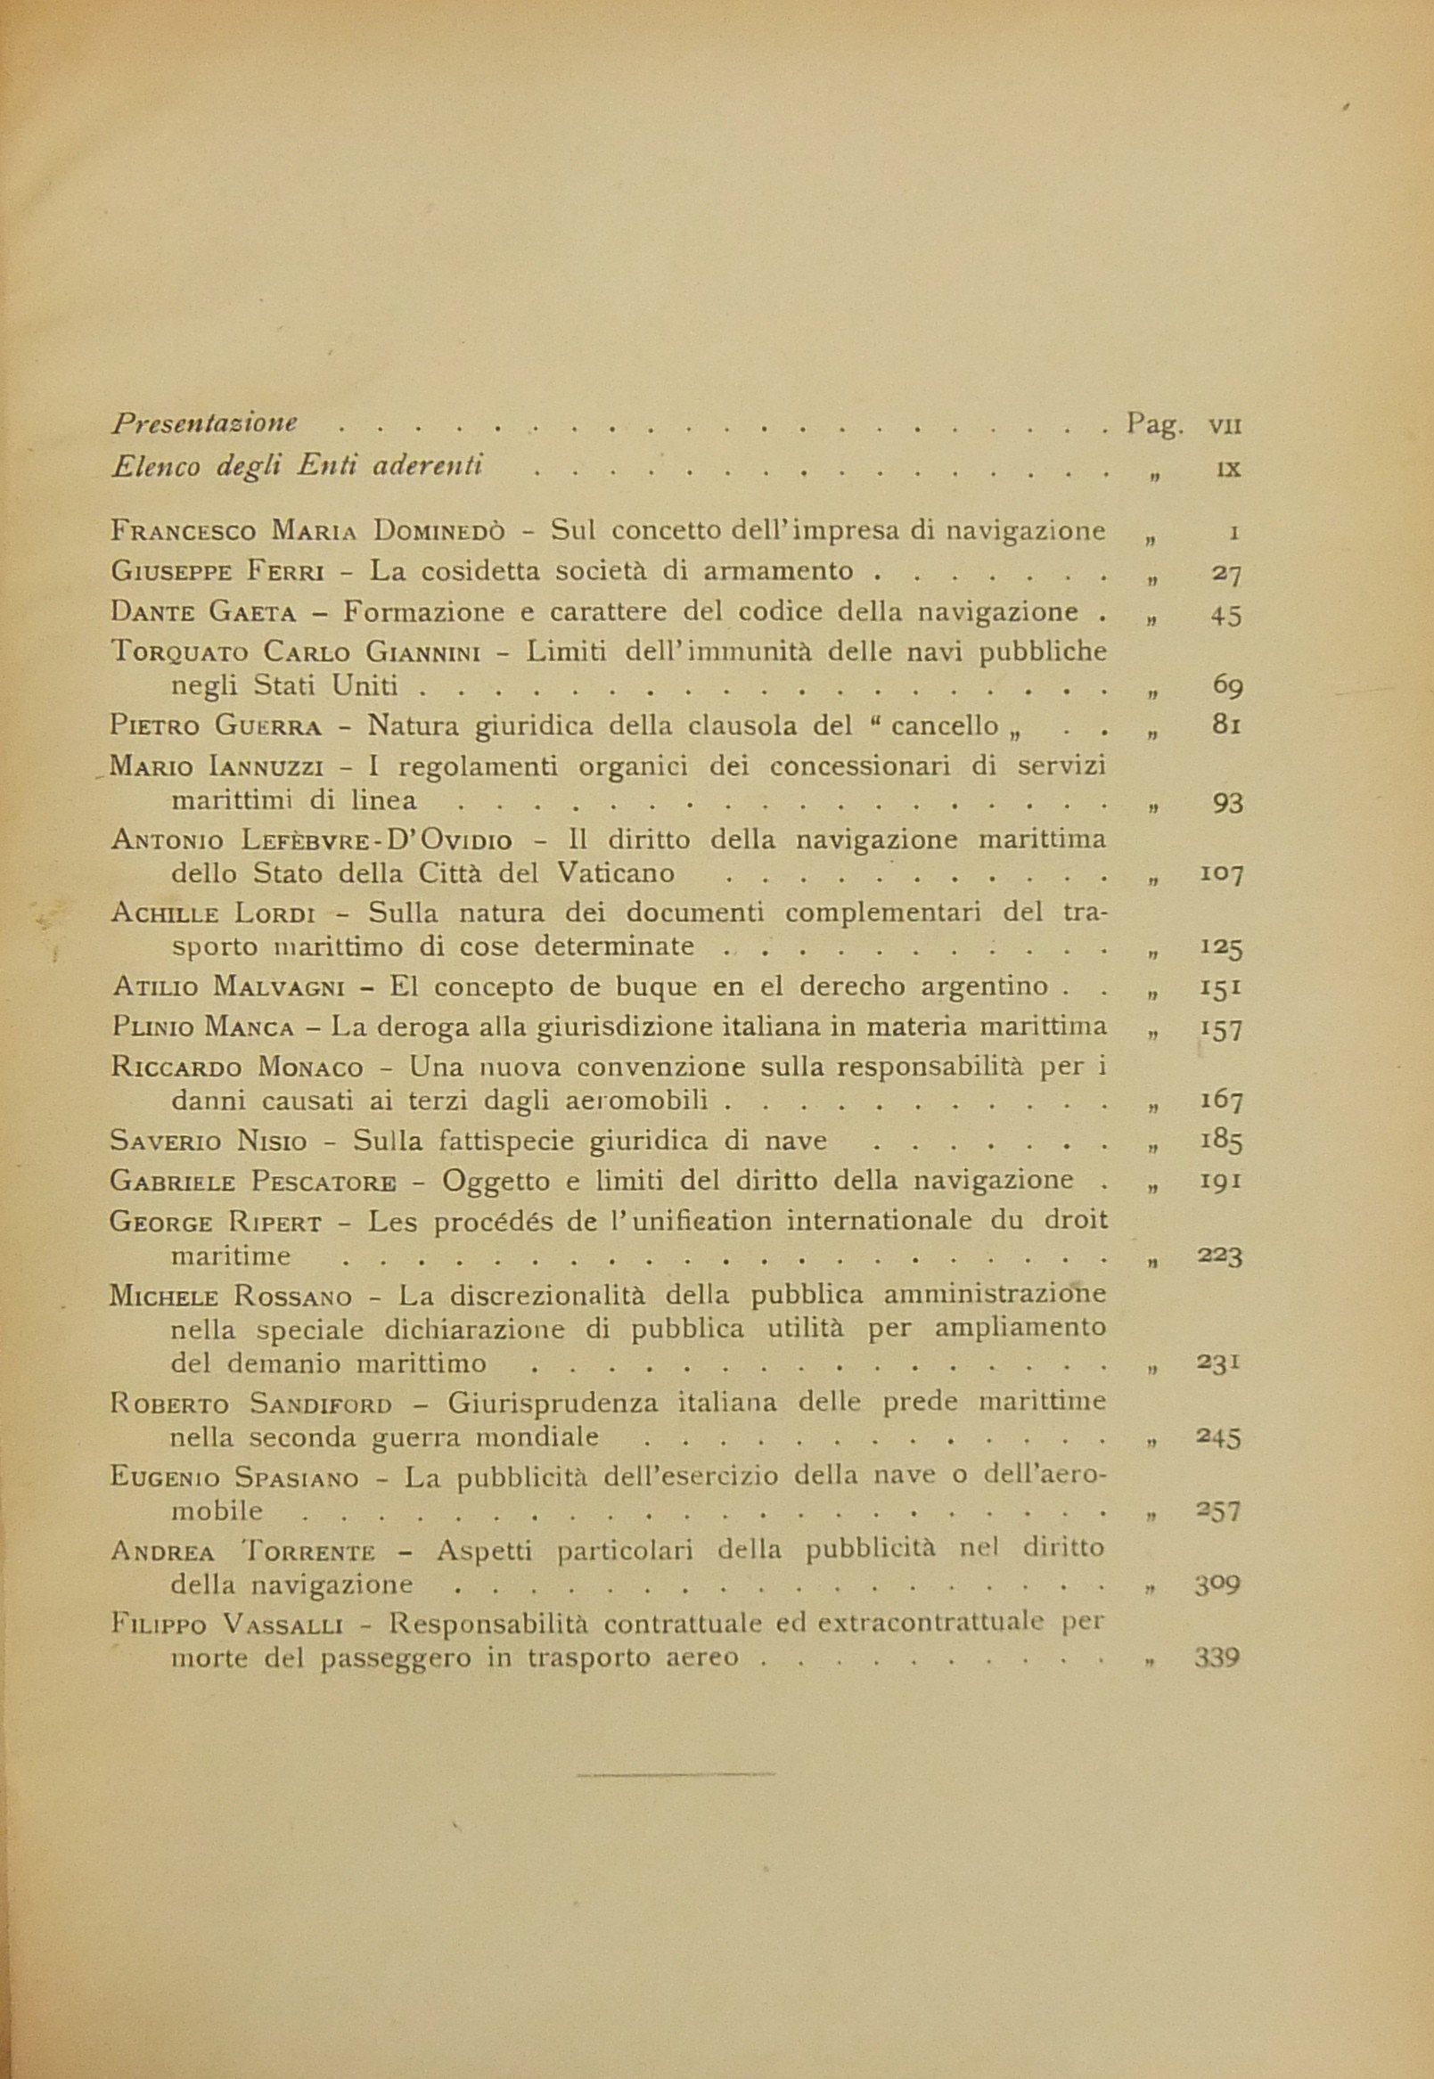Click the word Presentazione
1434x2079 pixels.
pyautogui.click(x=205, y=423)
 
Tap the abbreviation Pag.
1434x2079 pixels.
pyautogui.click(x=1153, y=425)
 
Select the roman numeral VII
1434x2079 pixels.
pyautogui.click(x=1225, y=426)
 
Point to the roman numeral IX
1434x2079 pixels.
pyautogui.click(x=1227, y=468)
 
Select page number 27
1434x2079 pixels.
pyautogui.click(x=1225, y=573)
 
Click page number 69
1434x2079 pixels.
pyautogui.click(x=1226, y=685)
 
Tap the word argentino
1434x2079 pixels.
pyautogui.click(x=985, y=986)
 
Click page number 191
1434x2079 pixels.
pyautogui.click(x=1221, y=1180)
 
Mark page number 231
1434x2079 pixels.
pyautogui.click(x=1219, y=1363)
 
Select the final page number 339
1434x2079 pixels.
pyautogui.click(x=1217, y=1657)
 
